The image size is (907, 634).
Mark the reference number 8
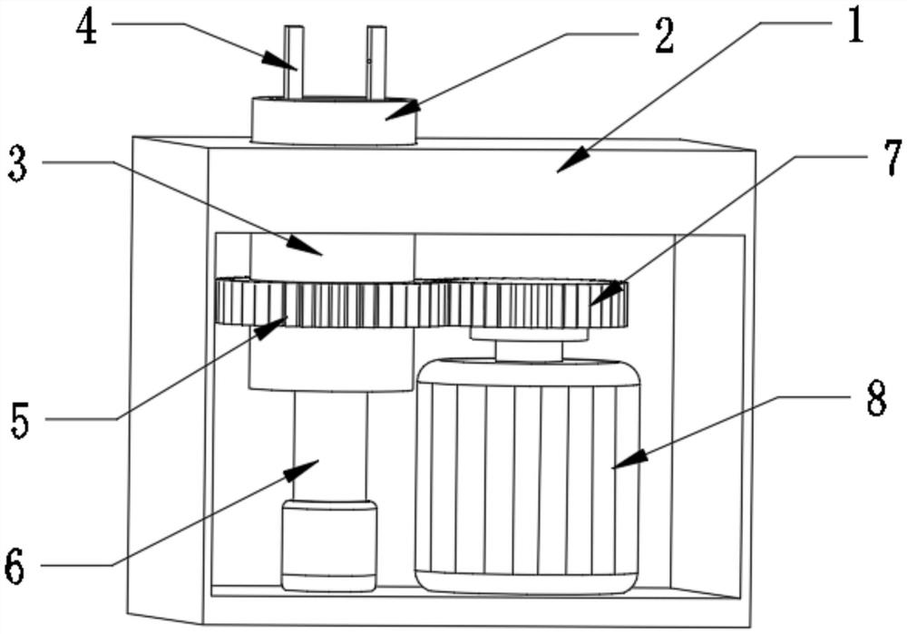coord(875,399)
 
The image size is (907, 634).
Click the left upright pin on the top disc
coord(294,62)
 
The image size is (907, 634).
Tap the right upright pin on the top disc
coord(376,62)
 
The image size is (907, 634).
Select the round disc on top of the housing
coord(333,122)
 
